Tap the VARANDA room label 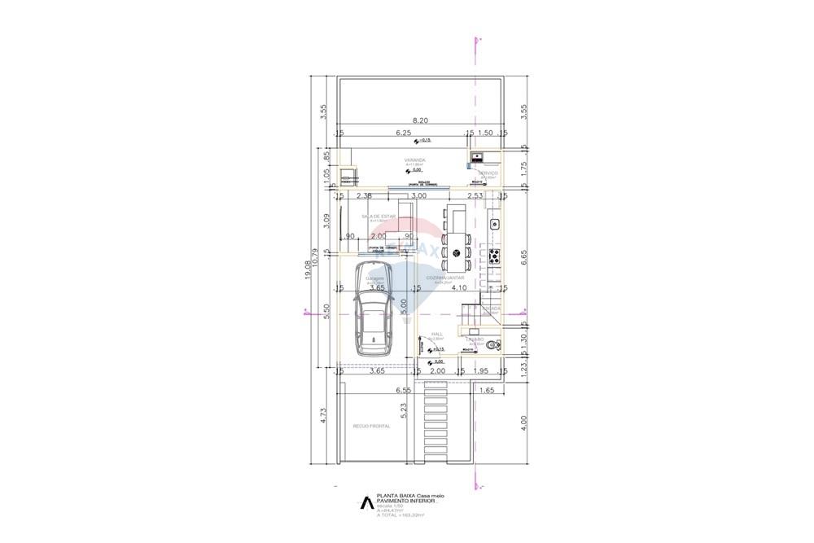(x=415, y=160)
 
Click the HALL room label (x=436, y=334)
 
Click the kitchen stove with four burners (x=493, y=256)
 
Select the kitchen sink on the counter (x=493, y=223)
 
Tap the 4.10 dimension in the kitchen (x=459, y=287)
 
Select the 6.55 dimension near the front (x=403, y=391)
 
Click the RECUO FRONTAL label (x=371, y=426)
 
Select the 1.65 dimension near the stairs (x=488, y=391)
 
